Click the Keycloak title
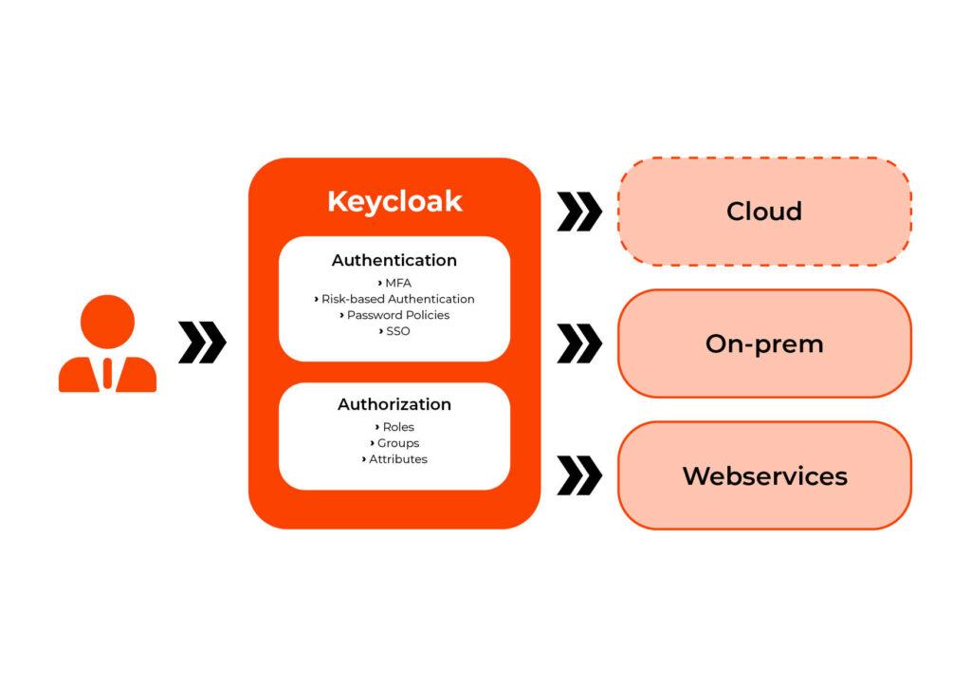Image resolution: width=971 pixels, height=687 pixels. tap(394, 201)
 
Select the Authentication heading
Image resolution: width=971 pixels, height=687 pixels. tap(394, 260)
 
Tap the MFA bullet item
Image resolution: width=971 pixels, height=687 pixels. tap(397, 283)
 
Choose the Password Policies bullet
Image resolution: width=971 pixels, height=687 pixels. tap(397, 315)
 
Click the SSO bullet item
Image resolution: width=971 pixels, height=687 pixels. tap(397, 331)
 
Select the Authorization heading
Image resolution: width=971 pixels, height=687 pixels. tap(394, 404)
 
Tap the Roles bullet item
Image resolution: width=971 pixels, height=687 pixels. tap(397, 427)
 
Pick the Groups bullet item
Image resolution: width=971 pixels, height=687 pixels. tap(397, 443)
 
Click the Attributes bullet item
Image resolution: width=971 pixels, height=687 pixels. tap(397, 459)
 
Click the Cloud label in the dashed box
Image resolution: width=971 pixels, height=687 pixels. tap(764, 211)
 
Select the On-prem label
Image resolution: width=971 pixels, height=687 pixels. tap(764, 343)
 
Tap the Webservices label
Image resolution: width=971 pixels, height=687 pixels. tap(764, 475)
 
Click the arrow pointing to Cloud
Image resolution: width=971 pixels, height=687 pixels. tap(579, 212)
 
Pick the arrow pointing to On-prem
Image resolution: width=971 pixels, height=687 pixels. tap(579, 343)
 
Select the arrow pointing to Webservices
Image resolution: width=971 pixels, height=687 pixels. tap(579, 475)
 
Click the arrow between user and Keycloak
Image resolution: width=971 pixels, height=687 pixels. tap(202, 343)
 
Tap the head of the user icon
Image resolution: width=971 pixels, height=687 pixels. tap(107, 321)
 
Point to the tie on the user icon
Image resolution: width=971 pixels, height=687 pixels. tap(107, 373)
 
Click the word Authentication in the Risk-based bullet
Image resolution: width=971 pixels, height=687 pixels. tap(431, 299)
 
